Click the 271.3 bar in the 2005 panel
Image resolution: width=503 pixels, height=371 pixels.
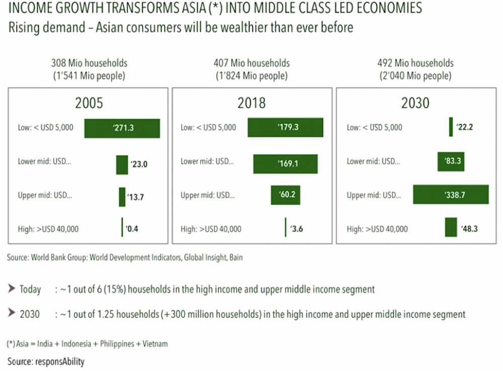click(122, 128)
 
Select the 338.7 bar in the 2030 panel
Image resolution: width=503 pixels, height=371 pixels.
click(451, 195)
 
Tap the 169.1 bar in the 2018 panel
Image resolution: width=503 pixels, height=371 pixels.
click(285, 163)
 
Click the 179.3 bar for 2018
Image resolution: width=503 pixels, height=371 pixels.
click(285, 128)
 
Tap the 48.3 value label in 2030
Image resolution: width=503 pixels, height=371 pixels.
click(469, 229)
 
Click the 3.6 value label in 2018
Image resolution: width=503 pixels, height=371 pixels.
click(296, 229)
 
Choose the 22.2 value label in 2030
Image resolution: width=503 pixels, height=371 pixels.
click(464, 127)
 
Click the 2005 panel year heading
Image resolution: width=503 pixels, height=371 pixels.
click(89, 104)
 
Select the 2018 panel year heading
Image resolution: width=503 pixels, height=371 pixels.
click(251, 104)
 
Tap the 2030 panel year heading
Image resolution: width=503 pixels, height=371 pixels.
click(415, 104)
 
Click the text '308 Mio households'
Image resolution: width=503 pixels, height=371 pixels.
click(89, 63)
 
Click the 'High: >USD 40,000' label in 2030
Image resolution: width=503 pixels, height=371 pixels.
click(377, 229)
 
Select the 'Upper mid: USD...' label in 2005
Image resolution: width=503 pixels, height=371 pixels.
click(45, 195)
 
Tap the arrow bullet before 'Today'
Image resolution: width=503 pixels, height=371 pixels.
click(11, 289)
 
